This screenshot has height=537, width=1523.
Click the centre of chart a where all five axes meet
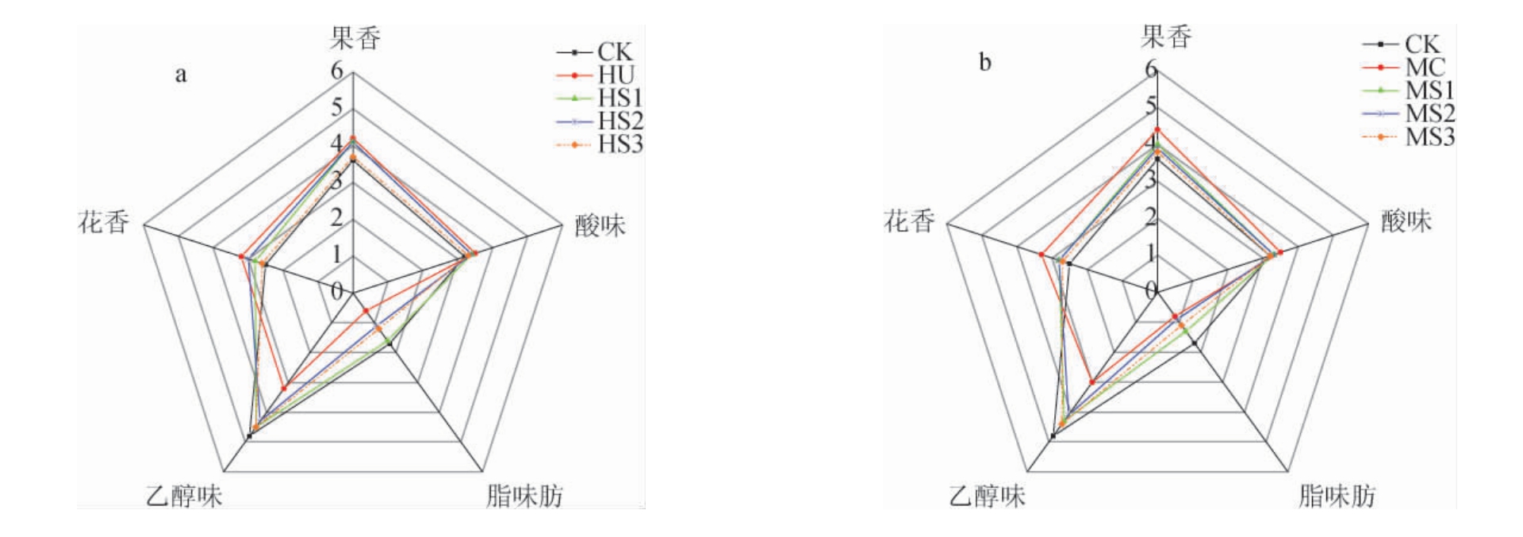coord(352,293)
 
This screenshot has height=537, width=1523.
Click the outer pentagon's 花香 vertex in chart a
coord(144,224)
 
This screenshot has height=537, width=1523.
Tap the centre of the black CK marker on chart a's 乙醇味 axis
coord(250,436)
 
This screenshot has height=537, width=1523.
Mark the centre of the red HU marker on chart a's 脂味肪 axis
coord(366,311)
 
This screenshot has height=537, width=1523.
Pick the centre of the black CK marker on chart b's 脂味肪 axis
coord(1195,343)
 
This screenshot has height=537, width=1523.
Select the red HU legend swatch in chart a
coord(574,75)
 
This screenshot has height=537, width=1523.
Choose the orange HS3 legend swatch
coord(574,144)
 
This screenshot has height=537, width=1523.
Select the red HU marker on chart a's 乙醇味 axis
coord(284,388)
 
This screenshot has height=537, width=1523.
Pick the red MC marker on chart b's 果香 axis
coord(1157,129)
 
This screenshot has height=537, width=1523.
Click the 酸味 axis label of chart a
coord(600,226)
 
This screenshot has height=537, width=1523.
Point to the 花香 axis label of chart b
coord(910,221)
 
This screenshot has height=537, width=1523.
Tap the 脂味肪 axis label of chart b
coord(1337,497)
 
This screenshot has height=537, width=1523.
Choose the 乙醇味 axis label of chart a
coord(184,497)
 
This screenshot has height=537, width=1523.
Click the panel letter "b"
coord(985,63)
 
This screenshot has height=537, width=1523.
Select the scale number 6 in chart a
coord(337,71)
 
